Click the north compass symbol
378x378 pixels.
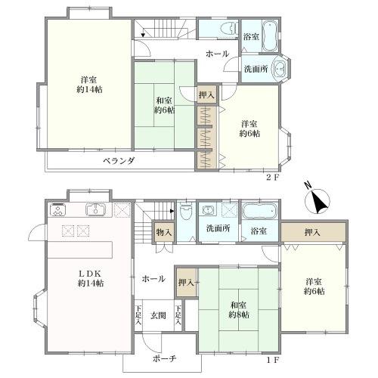click(317, 200)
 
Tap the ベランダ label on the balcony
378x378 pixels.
click(119, 160)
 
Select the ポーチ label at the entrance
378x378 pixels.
click(164, 358)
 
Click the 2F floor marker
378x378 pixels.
click(273, 178)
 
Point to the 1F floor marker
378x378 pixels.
click(273, 360)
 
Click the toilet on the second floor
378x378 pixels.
click(229, 29)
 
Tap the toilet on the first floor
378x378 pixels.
click(186, 209)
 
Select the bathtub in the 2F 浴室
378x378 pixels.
click(270, 37)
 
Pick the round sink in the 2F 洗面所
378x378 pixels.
click(279, 68)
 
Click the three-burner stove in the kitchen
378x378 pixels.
click(57, 210)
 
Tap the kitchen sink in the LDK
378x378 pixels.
click(95, 209)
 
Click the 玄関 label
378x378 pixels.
click(158, 315)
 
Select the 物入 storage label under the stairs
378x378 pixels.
click(164, 232)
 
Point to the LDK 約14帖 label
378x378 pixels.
click(91, 278)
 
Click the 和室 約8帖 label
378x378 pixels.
click(238, 310)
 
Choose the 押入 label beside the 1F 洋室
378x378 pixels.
click(312, 232)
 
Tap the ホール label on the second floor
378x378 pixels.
click(217, 54)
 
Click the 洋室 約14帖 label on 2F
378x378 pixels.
click(89, 85)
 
